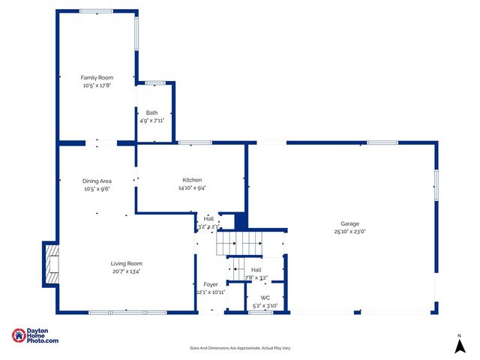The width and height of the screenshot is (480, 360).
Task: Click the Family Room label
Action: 97,77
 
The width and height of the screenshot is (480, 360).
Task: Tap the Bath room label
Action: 151,112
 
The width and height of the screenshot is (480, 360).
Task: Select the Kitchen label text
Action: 192,180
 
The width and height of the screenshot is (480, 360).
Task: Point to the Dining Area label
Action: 97,181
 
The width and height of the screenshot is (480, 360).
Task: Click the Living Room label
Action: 126,263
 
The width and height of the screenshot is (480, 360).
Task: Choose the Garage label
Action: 349,223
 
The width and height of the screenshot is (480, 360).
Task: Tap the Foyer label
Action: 210,284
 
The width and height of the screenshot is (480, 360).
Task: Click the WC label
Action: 265,297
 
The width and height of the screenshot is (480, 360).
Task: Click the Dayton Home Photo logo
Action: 35,336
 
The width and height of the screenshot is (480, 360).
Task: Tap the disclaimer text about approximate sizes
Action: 240,348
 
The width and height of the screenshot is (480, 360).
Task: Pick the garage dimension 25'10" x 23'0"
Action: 349,232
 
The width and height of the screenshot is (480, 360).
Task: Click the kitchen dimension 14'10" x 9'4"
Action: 192,188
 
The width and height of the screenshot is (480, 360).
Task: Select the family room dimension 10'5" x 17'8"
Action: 97,85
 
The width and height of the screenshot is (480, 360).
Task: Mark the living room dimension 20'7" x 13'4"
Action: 126,271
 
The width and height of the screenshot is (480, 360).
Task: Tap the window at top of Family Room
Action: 96,11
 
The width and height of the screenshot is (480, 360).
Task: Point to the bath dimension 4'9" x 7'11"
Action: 151,120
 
